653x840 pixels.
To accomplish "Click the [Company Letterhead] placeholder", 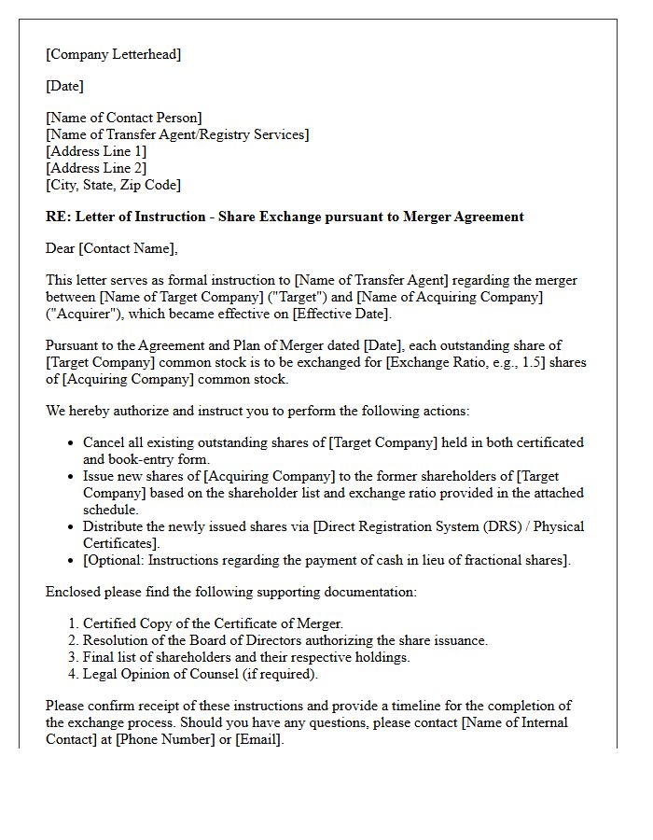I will pos(113,54).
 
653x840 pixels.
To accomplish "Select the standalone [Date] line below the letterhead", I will pos(64,86).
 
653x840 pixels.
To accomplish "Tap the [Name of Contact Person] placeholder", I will pos(123,118).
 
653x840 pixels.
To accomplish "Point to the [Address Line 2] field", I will pos(96,168).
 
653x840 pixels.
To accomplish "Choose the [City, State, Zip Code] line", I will pos(113,185).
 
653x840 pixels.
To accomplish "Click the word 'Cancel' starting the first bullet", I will pos(104,442).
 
